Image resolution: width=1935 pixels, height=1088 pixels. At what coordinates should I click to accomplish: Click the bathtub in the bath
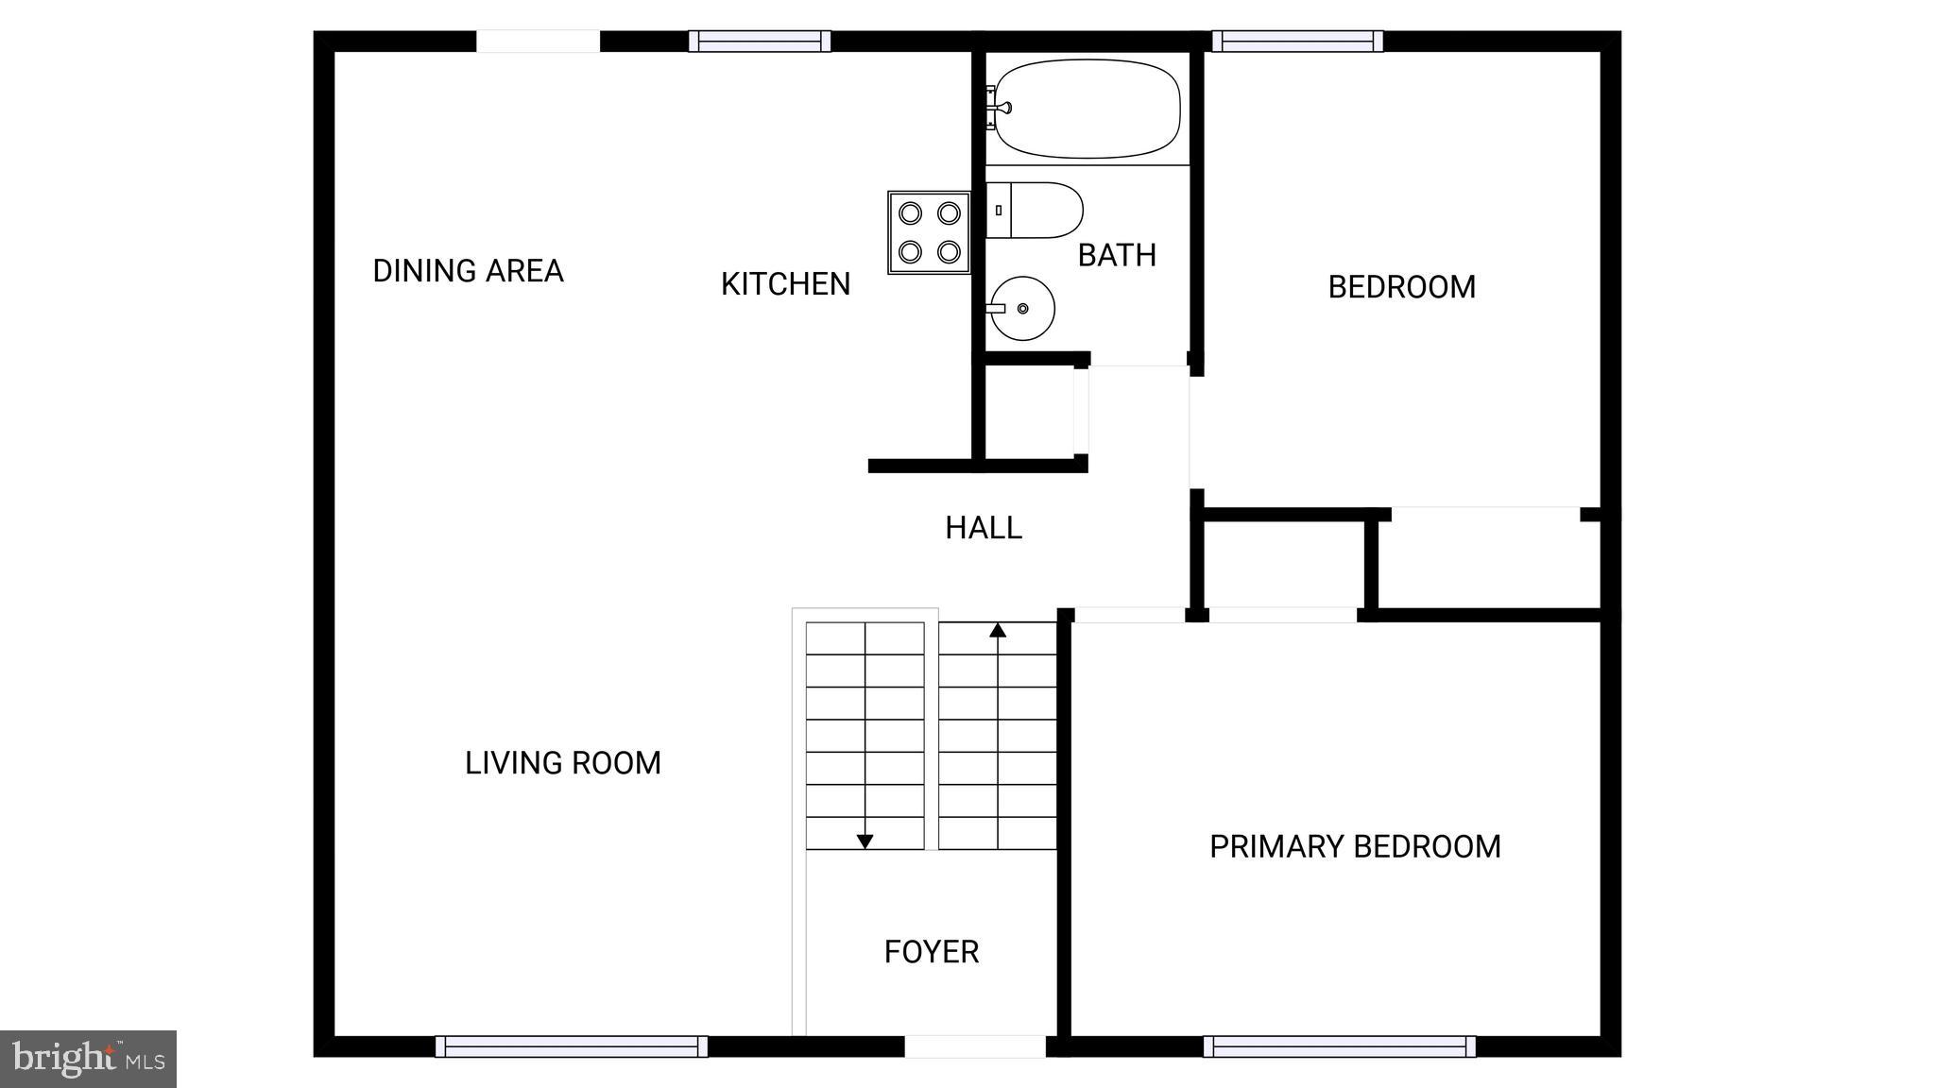(x=1087, y=109)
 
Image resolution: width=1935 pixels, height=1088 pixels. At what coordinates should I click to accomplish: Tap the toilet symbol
(x=1036, y=211)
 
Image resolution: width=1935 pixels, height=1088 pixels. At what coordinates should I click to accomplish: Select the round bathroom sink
(x=1022, y=308)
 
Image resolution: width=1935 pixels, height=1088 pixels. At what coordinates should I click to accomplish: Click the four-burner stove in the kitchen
(x=929, y=232)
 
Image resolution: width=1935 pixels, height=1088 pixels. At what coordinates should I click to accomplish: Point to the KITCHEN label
(x=785, y=284)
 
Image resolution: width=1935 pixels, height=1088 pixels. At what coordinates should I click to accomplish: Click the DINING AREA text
(x=468, y=271)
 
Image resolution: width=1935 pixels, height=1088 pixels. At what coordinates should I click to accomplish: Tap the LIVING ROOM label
(x=562, y=763)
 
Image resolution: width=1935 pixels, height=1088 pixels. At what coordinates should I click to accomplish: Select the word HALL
(x=983, y=528)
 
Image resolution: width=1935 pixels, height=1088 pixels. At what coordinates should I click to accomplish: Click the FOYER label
(x=931, y=952)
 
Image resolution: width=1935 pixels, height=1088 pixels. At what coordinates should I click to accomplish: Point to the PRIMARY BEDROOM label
(x=1355, y=846)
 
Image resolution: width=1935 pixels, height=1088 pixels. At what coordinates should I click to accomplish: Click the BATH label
(x=1117, y=255)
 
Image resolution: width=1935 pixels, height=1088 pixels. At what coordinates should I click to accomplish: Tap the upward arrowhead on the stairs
(x=998, y=630)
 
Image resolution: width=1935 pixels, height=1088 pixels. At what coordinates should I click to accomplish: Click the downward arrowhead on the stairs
(x=865, y=841)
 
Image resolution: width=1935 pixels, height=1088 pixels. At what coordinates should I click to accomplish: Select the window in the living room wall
(x=572, y=1046)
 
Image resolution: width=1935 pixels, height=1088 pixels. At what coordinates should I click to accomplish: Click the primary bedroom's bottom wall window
(x=1339, y=1046)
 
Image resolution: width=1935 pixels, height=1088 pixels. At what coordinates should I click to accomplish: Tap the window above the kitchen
(x=760, y=42)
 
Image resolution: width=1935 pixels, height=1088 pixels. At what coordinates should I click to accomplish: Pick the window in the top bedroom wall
(x=1297, y=42)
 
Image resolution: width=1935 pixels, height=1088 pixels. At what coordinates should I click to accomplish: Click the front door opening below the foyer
(x=975, y=1046)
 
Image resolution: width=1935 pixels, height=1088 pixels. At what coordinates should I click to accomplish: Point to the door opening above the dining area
(x=538, y=42)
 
